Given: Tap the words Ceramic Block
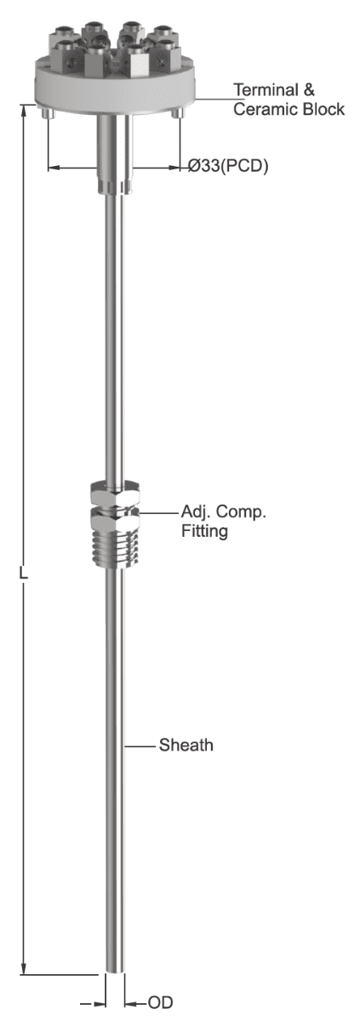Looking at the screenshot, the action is (x=289, y=110).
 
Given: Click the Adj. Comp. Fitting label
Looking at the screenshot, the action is (x=224, y=521).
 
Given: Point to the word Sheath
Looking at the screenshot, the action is (x=186, y=745).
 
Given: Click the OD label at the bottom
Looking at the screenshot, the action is (x=160, y=1002).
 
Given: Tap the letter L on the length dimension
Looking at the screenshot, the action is (x=23, y=573).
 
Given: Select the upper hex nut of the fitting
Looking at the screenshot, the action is (x=115, y=492).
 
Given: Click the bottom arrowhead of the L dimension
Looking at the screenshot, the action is (x=24, y=967).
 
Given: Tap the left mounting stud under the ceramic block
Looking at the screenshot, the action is (x=48, y=114).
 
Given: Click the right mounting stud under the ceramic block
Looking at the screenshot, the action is (x=178, y=114).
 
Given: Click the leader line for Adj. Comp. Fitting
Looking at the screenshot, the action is (x=158, y=513).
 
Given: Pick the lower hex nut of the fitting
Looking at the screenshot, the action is (x=115, y=518).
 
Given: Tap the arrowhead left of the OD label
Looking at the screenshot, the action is (x=100, y=1003).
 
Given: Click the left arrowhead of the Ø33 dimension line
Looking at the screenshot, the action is (x=54, y=168).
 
